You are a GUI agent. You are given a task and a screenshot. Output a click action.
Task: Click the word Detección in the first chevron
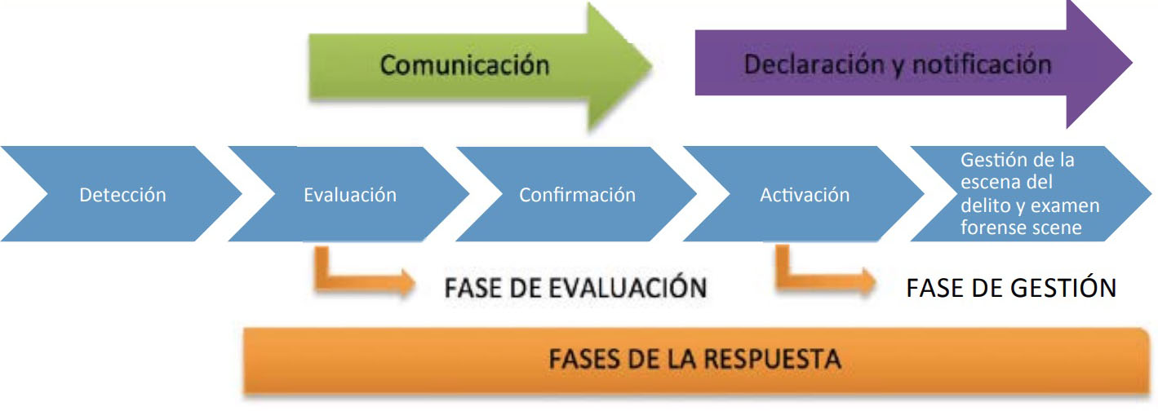point(122,195)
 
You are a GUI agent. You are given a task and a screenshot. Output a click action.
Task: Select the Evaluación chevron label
point(350,195)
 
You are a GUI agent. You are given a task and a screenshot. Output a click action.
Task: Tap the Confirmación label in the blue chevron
point(577,195)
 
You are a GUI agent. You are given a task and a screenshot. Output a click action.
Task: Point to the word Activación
point(805,195)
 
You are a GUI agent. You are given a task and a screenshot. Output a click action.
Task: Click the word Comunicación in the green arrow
point(465,64)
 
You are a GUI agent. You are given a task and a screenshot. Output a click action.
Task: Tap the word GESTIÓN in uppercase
point(1063,288)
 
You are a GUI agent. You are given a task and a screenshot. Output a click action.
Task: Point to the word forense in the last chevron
point(995,228)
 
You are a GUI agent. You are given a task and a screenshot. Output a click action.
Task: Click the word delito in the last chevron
point(982,205)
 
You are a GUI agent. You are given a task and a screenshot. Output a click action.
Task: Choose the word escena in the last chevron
point(988,182)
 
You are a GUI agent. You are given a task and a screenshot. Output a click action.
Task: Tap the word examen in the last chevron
point(1066,205)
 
